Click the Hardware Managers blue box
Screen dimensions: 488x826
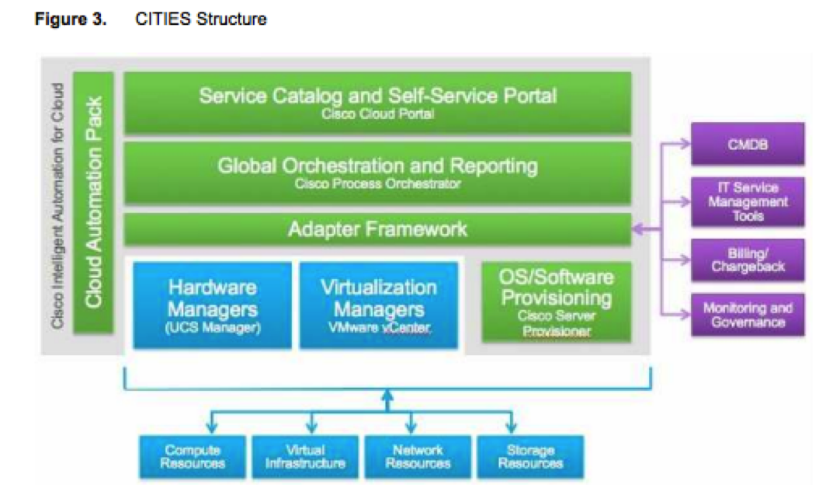point(213,305)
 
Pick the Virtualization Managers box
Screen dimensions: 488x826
point(378,305)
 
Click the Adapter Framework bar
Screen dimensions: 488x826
point(378,229)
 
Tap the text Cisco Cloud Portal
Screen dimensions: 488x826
point(378,113)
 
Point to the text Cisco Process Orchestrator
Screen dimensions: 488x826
point(378,184)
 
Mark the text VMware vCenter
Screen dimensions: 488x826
point(378,329)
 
